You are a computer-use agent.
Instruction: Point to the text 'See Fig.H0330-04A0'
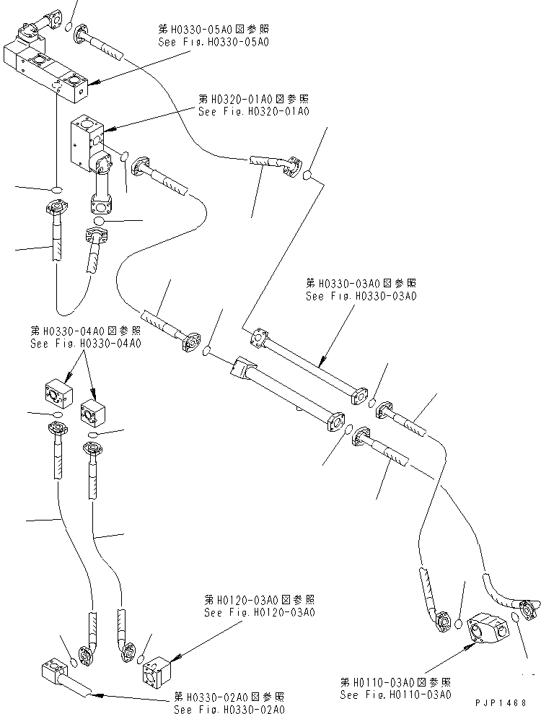click(85, 344)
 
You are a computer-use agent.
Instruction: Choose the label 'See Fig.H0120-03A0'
click(259, 612)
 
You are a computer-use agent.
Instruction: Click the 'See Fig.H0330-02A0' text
click(229, 710)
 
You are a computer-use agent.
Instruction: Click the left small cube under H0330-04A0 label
click(57, 394)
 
